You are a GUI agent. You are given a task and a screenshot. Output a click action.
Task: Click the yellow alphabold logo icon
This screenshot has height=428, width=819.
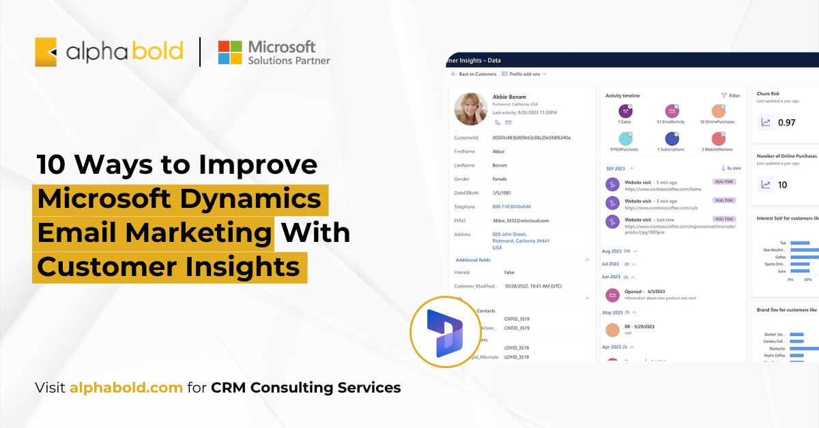click(46, 52)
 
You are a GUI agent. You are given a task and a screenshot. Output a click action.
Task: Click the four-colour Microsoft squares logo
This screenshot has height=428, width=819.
click(230, 52)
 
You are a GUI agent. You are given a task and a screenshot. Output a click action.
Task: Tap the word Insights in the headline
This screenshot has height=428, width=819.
click(242, 266)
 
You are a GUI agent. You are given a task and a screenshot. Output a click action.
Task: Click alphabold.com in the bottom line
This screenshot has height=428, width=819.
click(126, 388)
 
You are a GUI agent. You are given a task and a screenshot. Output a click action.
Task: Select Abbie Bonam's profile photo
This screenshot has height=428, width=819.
click(470, 108)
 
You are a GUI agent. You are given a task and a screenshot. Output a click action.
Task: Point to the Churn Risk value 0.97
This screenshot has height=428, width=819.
click(787, 122)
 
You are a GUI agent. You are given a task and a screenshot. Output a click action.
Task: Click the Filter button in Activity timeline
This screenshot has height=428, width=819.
click(730, 95)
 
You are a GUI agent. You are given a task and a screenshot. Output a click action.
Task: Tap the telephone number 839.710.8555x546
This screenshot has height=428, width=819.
click(511, 207)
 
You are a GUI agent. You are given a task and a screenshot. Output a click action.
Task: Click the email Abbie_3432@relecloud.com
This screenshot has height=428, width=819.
click(520, 220)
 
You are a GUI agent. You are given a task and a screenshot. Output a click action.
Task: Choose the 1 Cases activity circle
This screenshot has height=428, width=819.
click(625, 111)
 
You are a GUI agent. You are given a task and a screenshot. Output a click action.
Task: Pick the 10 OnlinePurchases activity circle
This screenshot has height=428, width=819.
click(717, 111)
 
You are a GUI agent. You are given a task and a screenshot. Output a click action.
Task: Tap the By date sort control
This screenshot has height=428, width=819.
click(730, 168)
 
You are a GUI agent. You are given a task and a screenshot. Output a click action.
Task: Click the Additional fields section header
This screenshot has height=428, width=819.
click(473, 260)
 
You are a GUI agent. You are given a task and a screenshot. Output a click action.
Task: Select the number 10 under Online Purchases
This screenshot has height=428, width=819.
click(782, 185)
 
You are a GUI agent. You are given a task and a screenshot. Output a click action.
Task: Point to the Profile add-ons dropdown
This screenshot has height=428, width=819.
click(524, 74)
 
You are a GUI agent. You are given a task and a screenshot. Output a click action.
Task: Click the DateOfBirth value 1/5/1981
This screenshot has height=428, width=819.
click(503, 192)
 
